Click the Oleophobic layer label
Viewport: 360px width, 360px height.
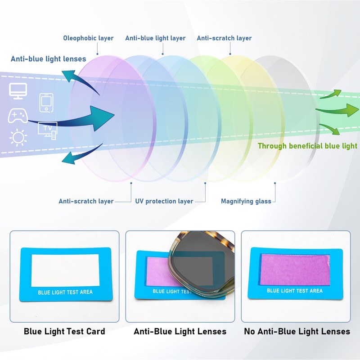[x=88, y=38]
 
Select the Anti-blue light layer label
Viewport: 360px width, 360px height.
[x=155, y=38]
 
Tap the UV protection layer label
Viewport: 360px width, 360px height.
[x=164, y=201]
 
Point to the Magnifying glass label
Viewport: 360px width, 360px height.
[x=246, y=201]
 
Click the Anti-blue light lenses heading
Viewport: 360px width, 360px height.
[x=48, y=59]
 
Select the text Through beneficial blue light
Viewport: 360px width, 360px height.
[x=307, y=146]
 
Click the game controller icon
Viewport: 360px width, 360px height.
[x=18, y=117]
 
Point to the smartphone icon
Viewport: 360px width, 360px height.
[x=46, y=103]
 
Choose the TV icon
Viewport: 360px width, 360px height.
[x=48, y=129]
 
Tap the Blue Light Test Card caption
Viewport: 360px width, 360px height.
[x=64, y=332]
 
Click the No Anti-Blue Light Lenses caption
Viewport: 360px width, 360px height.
[x=297, y=332]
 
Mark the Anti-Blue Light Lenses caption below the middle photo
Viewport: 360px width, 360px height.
[x=180, y=332]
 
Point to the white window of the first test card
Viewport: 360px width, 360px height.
[x=65, y=270]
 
